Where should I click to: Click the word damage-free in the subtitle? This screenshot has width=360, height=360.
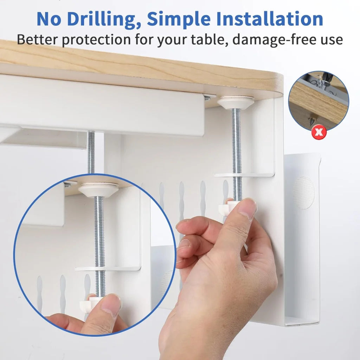[274, 39]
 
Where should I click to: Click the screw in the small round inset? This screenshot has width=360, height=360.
[311, 121]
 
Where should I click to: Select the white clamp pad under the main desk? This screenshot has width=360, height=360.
[236, 102]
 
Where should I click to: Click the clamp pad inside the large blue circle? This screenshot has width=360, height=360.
[98, 189]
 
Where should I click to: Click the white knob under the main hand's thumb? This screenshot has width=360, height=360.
[225, 210]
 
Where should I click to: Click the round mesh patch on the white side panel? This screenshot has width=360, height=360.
[303, 192]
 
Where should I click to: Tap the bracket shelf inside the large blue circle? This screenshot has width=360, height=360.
[109, 269]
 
